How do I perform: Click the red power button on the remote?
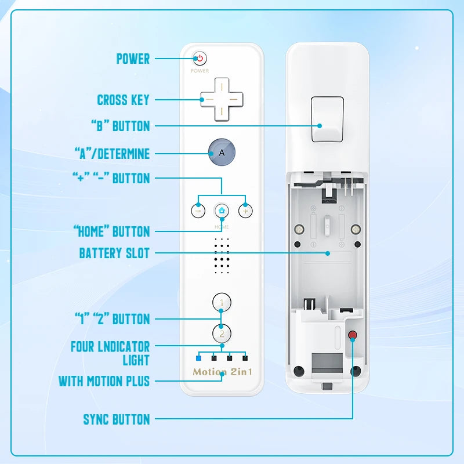(200, 58)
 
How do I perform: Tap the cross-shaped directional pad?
(222, 100)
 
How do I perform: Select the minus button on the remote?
(198, 211)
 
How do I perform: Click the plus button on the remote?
(245, 211)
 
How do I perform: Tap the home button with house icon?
(222, 211)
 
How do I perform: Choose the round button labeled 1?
(222, 302)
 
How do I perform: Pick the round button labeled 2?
(222, 333)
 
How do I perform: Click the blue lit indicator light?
(198, 358)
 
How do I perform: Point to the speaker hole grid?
(222, 255)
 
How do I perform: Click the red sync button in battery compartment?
(352, 335)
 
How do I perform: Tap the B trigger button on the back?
(327, 119)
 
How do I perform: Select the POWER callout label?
(133, 59)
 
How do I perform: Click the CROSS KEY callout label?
(123, 100)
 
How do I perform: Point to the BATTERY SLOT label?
(114, 253)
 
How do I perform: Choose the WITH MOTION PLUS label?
(104, 381)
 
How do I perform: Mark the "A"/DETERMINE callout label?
(112, 154)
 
